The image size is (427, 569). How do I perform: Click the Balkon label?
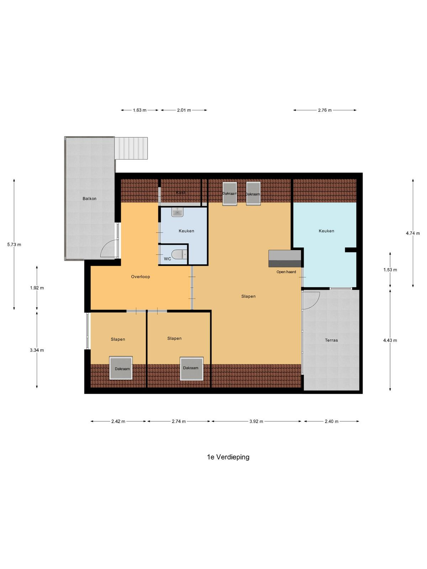[89, 198]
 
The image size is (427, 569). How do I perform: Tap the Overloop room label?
[141, 277]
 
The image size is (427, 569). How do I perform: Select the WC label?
[168, 259]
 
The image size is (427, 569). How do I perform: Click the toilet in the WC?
[179, 254]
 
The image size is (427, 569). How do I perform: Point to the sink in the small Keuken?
[178, 212]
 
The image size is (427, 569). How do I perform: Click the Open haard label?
[286, 272]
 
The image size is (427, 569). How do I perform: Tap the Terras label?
[331, 340]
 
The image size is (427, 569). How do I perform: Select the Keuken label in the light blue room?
[326, 231]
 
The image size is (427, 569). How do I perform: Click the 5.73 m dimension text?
[14, 244]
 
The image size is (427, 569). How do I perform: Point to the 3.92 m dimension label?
[257, 421]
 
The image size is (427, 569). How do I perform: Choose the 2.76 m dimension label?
[325, 110]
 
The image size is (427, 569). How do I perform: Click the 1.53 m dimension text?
[390, 270]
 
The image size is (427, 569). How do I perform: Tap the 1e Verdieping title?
[228, 457]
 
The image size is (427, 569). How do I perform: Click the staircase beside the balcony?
[131, 148]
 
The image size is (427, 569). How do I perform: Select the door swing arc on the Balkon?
[107, 249]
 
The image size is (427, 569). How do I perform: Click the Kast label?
[180, 193]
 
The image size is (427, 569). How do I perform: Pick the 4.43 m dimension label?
[390, 340]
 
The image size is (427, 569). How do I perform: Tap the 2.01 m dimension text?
[184, 110]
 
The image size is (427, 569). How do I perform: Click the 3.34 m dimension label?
[37, 350]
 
